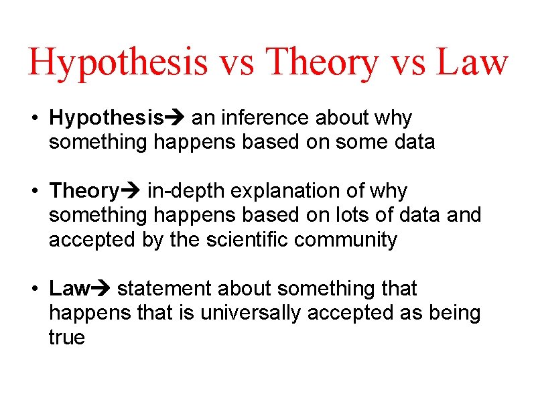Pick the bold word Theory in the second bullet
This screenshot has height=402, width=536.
(x=84, y=192)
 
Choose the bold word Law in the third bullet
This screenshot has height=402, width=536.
(x=69, y=289)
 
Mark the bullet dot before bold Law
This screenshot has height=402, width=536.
(x=33, y=289)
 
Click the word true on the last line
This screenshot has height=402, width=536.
(x=66, y=338)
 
